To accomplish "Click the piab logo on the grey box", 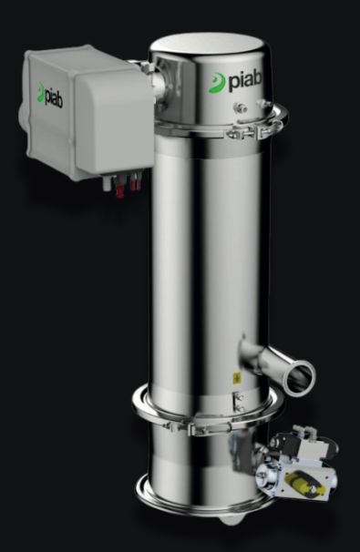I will tap(51, 97).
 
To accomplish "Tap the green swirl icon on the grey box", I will tap(40, 92).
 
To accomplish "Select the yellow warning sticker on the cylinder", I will tap(236, 377).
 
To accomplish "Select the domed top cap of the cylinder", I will tap(205, 46).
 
